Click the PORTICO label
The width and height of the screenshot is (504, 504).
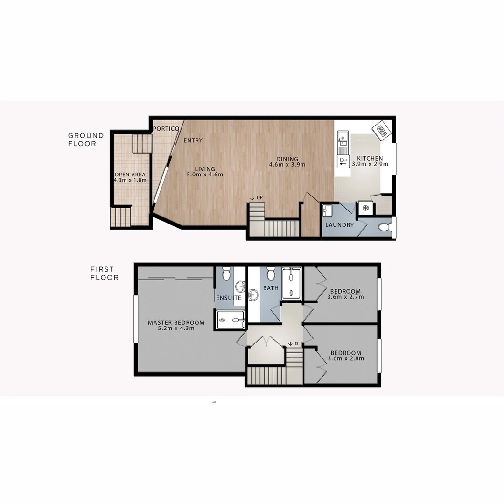[166, 129]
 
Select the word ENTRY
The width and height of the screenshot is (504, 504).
[193, 140]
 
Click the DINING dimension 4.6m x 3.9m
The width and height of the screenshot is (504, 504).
[287, 164]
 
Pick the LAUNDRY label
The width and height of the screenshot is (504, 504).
[339, 225]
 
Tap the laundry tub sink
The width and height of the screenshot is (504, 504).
[328, 210]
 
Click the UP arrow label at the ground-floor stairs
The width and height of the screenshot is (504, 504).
[257, 198]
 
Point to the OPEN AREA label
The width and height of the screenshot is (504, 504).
[130, 175]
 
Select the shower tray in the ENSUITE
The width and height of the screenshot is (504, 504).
[231, 320]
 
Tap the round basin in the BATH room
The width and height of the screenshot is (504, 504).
[253, 294]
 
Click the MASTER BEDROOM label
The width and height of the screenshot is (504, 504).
[176, 322]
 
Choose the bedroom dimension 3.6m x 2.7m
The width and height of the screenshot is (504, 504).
[346, 296]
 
